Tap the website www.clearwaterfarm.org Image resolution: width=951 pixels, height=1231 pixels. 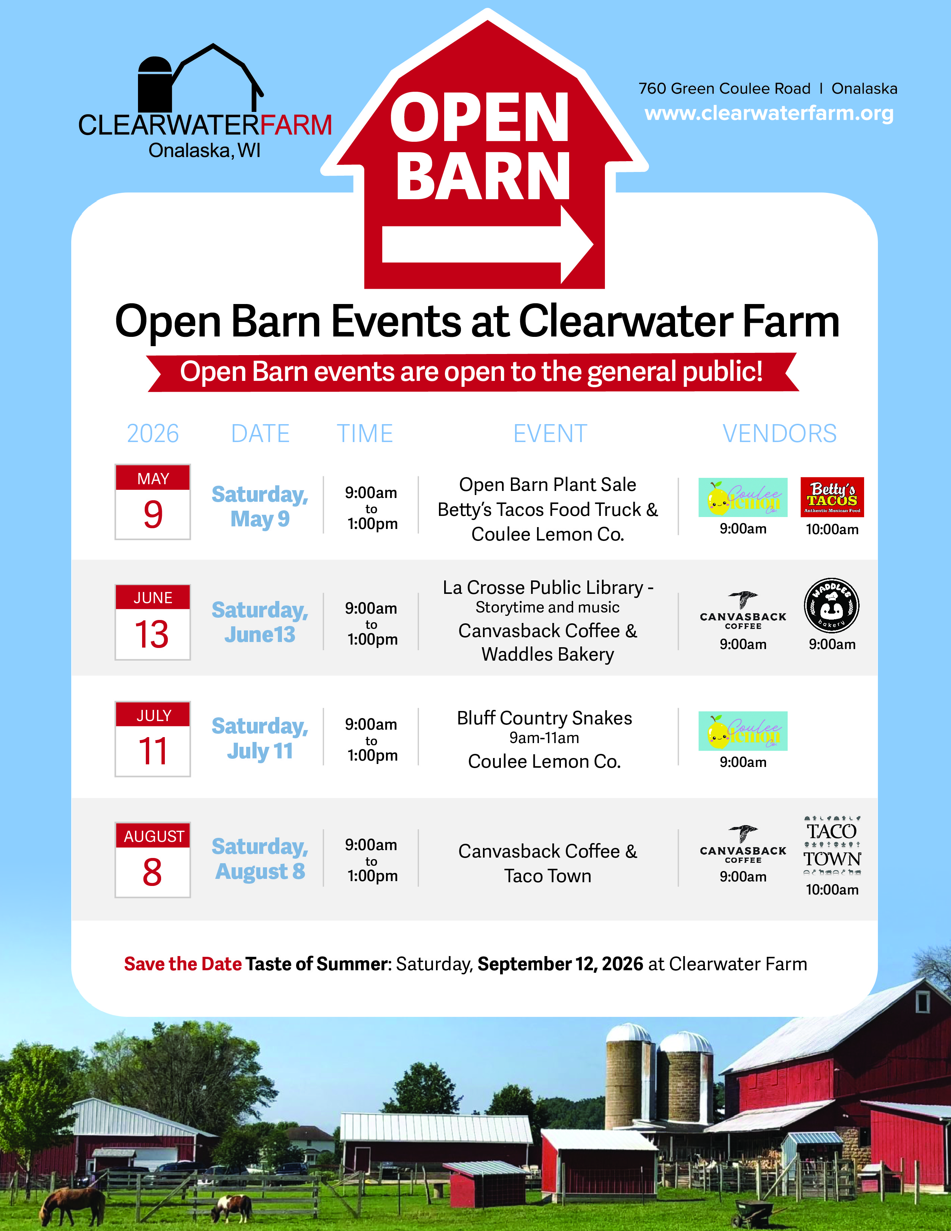[x=769, y=113]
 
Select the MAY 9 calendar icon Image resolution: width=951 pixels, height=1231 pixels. [x=153, y=502]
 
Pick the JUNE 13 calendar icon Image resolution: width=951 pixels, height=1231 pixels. [x=153, y=622]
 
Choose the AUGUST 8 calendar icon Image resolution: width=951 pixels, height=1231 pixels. [x=153, y=859]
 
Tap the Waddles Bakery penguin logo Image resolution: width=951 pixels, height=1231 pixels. [x=832, y=605]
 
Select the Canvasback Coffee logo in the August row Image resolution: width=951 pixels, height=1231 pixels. [x=743, y=844]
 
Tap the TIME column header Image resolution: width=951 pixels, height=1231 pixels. [x=364, y=433]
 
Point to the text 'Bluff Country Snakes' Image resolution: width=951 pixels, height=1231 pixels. [x=544, y=718]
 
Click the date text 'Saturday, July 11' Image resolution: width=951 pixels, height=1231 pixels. [x=260, y=738]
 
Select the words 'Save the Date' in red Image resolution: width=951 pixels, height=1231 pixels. [x=182, y=964]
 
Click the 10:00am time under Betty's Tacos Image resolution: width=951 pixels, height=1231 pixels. [x=832, y=529]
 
